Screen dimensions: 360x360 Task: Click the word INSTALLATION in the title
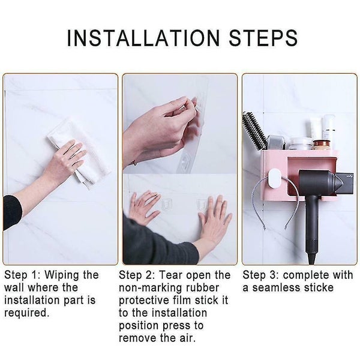tap(143, 38)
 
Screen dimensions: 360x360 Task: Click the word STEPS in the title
tap(263, 38)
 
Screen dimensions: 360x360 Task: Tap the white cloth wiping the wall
tap(79, 152)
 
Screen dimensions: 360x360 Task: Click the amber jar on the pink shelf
tap(321, 145)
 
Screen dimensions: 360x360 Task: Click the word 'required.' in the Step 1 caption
tap(27, 313)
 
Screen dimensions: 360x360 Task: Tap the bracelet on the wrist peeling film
tap(134, 163)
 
